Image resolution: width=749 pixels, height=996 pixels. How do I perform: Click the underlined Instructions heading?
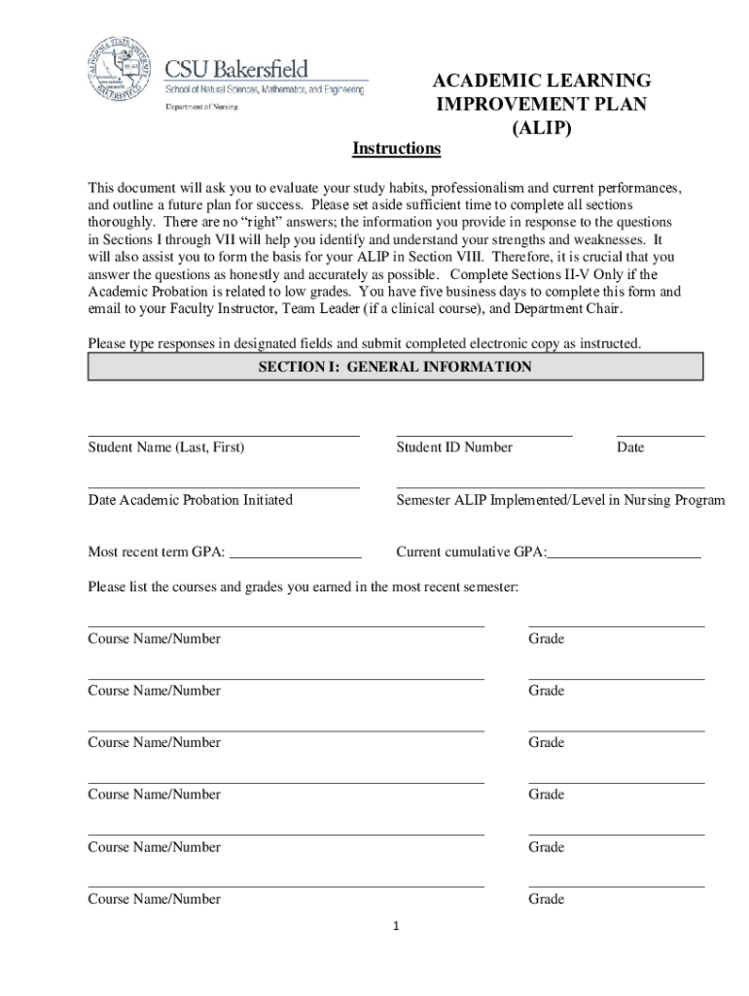point(396,149)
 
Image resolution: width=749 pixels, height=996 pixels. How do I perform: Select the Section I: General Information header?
point(395,367)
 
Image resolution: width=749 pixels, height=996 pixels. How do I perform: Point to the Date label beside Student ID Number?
point(630,447)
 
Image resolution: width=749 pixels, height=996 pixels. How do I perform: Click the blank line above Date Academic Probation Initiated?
point(224,486)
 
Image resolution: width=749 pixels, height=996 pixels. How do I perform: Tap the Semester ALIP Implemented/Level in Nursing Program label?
point(560,500)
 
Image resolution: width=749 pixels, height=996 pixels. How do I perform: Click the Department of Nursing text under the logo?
point(200,108)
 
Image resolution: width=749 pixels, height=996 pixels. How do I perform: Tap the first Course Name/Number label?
point(155,639)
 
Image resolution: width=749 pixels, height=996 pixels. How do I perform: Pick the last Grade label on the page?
point(547,899)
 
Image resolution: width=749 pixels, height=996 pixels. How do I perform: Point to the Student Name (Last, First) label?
point(166,447)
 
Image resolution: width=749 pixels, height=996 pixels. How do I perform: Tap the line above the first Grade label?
point(617,626)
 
